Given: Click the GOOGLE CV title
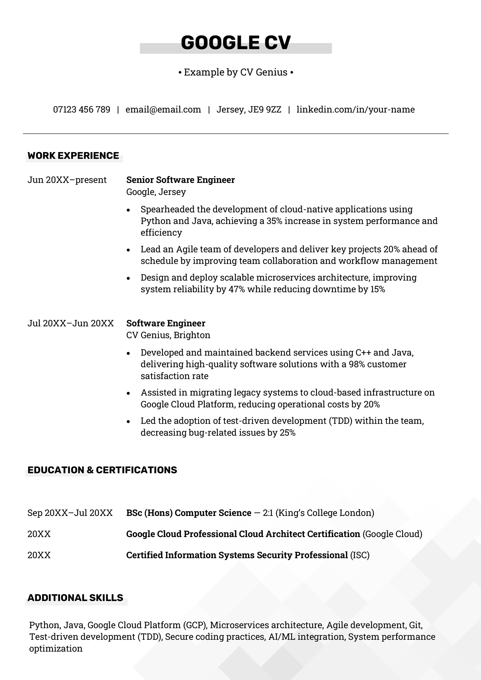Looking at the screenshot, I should point(236,43).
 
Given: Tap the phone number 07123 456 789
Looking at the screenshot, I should point(81,109).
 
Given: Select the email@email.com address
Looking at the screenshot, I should point(163,109).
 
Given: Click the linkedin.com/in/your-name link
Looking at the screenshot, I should point(355,109).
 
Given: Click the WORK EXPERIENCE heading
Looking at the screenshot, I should point(73,156).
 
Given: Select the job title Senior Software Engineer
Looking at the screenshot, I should point(180,180).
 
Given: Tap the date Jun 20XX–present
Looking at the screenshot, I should point(67,180).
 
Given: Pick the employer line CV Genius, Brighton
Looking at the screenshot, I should point(168,335).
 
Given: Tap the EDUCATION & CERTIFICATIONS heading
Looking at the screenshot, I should point(102,470).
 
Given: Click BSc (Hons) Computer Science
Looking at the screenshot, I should point(188,513).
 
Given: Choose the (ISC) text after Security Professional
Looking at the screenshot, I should point(360,555).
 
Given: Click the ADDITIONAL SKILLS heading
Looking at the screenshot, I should point(75,598).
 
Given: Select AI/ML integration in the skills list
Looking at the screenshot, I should point(306,637).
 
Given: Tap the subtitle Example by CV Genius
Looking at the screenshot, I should point(236,72).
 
